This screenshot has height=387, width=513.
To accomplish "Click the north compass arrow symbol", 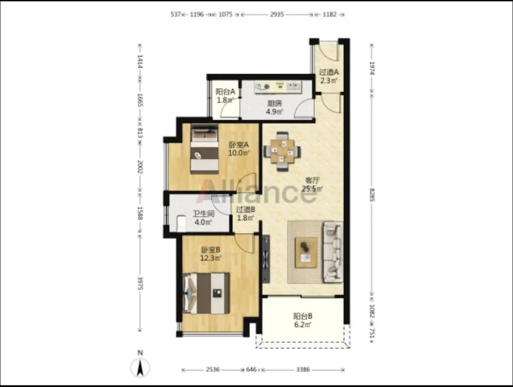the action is click(x=140, y=367).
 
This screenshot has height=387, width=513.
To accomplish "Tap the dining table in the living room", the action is click(x=282, y=151).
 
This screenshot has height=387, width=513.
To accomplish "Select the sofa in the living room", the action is click(x=332, y=252).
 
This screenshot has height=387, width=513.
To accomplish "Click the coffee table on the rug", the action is click(x=306, y=253).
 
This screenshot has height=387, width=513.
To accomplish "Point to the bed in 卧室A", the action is click(x=204, y=149).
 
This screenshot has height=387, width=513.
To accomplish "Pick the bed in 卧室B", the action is click(x=206, y=293).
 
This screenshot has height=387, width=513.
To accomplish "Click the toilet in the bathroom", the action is click(x=181, y=223).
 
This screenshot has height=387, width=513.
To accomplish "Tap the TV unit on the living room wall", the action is click(x=266, y=259).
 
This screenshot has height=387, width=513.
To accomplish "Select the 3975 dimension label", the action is click(x=140, y=283).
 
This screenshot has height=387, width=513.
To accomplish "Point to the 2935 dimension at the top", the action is click(x=277, y=14).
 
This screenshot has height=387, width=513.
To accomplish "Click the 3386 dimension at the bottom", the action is click(x=303, y=369).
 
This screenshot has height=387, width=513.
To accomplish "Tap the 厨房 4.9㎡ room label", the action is click(x=274, y=108).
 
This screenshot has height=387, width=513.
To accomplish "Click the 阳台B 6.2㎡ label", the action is click(x=302, y=320).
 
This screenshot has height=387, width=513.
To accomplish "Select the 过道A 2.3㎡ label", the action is click(x=329, y=76).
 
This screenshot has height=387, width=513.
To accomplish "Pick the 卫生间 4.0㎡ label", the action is click(x=203, y=218).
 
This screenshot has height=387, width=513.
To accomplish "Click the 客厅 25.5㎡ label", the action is click(x=313, y=185).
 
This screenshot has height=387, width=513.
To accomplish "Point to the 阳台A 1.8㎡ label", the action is click(x=226, y=96).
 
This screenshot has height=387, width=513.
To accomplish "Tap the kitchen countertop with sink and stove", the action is click(x=278, y=87).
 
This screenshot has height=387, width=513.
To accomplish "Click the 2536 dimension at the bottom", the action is click(x=212, y=369).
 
